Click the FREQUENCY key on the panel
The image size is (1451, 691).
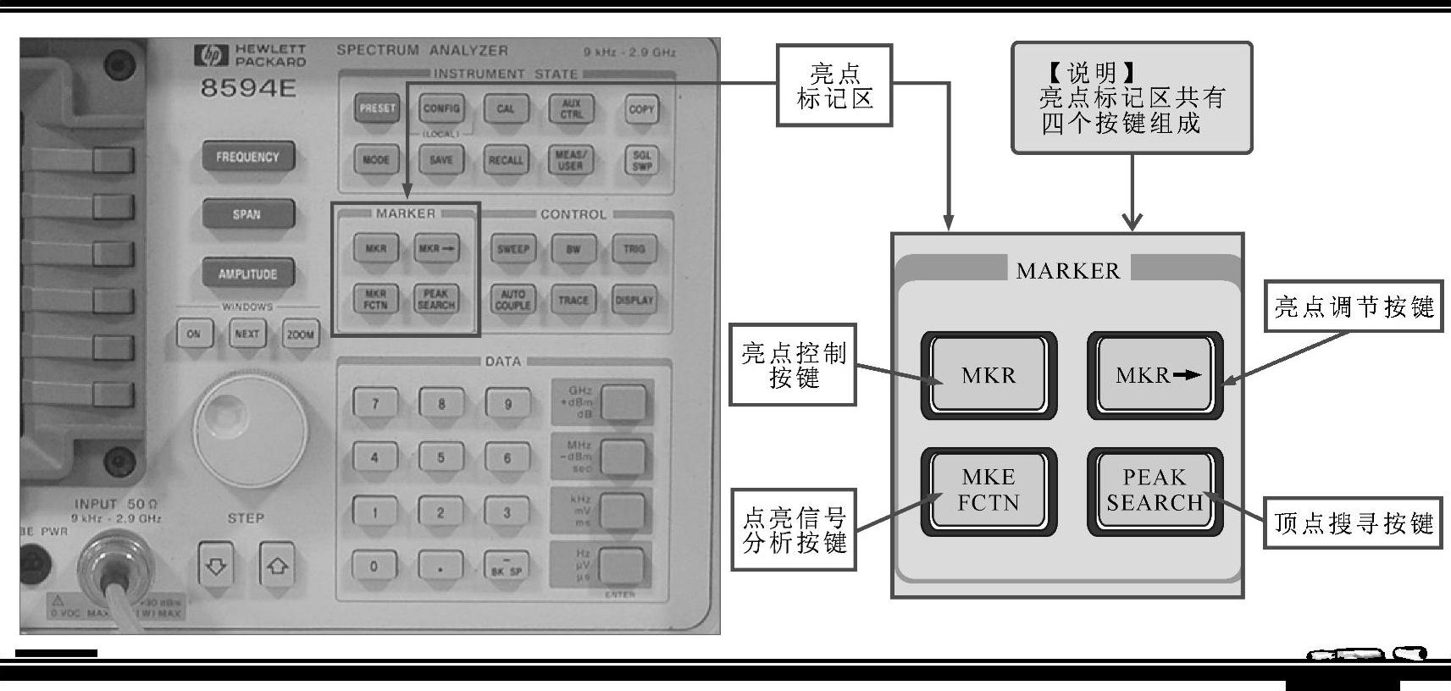247,157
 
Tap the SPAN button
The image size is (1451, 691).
247,214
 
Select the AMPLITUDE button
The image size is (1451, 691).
247,274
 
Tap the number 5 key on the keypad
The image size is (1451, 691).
440,458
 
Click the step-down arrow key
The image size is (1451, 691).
217,566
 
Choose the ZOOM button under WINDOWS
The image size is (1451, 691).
300,334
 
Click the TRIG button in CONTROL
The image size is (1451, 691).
634,249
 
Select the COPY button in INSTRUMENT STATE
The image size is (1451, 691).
641,109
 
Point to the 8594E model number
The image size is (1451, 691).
248,88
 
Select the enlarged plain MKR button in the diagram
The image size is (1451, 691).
989,375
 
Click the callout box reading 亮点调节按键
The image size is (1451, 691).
1353,307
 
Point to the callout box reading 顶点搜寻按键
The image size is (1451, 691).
1353,522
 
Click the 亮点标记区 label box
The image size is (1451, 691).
834,86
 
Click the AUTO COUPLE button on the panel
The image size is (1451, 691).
512,300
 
